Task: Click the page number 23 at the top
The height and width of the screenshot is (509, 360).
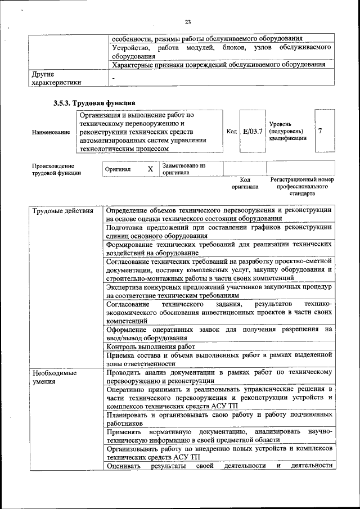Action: pyautogui.click(x=187, y=22)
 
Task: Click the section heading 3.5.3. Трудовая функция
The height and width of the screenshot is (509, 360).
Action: pyautogui.click(x=94, y=103)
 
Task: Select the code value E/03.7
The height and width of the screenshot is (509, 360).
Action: pyautogui.click(x=252, y=131)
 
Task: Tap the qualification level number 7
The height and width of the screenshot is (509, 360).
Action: pyautogui.click(x=320, y=131)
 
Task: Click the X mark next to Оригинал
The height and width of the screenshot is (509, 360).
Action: pyautogui.click(x=150, y=169)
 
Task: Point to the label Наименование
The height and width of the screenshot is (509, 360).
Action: pyautogui.click(x=51, y=132)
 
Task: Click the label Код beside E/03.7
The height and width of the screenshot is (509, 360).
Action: pyautogui.click(x=231, y=131)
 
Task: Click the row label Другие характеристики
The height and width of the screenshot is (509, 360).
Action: pyautogui.click(x=56, y=78)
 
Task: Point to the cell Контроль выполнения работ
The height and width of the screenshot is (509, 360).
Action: pyautogui.click(x=151, y=346)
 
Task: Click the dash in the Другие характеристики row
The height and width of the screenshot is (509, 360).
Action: pyautogui.click(x=113, y=78)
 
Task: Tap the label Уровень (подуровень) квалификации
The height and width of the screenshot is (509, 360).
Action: pyautogui.click(x=287, y=130)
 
